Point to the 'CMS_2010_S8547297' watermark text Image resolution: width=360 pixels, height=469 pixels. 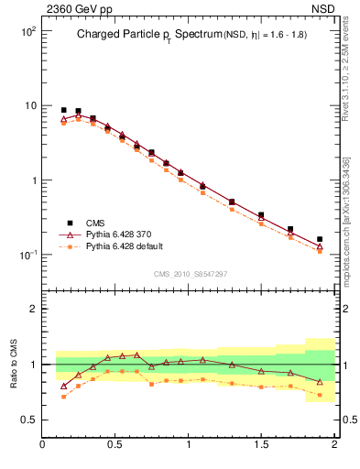(190, 274)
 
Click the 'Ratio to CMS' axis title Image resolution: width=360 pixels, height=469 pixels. (14, 364)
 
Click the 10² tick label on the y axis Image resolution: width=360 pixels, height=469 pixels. (28, 31)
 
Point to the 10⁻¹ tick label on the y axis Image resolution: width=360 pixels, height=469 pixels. (27, 255)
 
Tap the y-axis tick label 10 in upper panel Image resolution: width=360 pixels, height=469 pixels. (30, 105)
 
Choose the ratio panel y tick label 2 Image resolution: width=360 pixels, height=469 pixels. (32, 309)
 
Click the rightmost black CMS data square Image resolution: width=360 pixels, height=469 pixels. (320, 239)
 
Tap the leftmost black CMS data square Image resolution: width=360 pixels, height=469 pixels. (63, 110)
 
